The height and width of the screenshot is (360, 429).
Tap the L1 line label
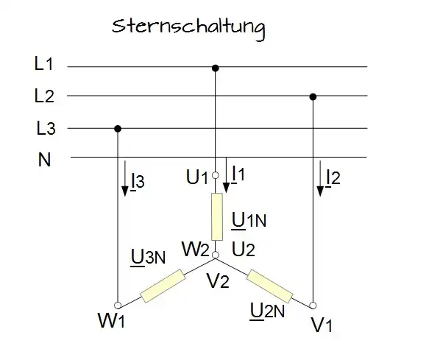coord(43,63)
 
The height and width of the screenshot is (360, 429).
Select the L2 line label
coord(44,96)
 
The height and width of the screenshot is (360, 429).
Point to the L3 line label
coord(46,128)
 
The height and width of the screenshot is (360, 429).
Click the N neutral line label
coord(44,159)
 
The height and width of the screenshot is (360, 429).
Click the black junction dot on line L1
coord(216,68)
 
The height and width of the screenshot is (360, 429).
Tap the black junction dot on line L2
coord(313,96)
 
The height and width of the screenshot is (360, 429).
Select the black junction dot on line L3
coord(118,129)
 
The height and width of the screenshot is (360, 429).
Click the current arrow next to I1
coord(226,175)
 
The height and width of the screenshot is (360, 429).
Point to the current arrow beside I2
coord(320,178)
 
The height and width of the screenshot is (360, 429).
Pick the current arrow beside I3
coord(125,178)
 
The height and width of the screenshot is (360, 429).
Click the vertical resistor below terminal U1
coord(217,216)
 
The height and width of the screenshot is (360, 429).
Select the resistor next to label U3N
coord(163,286)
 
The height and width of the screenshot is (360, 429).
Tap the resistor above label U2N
coord(270,286)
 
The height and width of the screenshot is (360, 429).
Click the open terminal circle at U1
coord(216,175)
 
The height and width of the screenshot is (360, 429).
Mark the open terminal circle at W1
coord(118,306)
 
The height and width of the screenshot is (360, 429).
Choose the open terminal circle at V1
coord(313,306)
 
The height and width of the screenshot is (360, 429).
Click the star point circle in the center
coord(216,255)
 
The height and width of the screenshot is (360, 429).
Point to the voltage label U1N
coord(249,220)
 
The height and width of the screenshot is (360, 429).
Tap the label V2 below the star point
coord(218,280)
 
